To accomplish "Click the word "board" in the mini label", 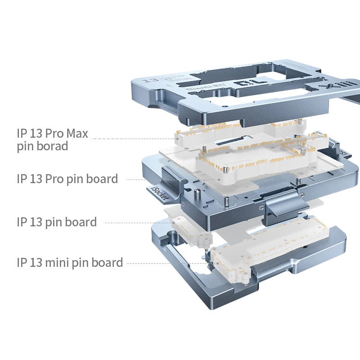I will point(108,262).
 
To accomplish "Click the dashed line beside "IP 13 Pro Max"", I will point(135,138).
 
